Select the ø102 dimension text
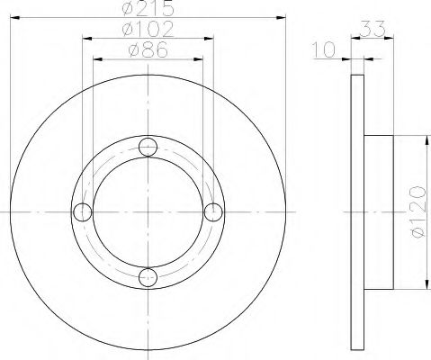(148, 29)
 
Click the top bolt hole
(149, 147)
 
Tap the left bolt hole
(84, 212)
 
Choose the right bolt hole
(214, 212)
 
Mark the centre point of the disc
(149, 212)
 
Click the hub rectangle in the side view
(378, 212)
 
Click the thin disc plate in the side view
(354, 212)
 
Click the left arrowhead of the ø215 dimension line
(15, 17)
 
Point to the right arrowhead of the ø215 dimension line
(283, 17)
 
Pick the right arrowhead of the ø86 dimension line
(201, 59)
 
